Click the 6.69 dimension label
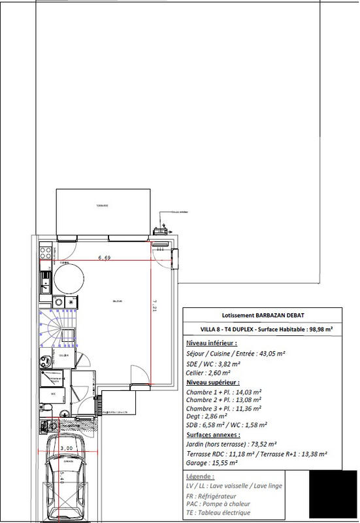point(104,258)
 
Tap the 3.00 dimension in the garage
point(65,448)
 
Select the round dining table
point(69,280)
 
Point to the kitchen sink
point(46,282)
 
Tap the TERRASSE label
point(102,205)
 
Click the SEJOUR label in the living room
point(118,301)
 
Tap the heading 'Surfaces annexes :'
point(212,434)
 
